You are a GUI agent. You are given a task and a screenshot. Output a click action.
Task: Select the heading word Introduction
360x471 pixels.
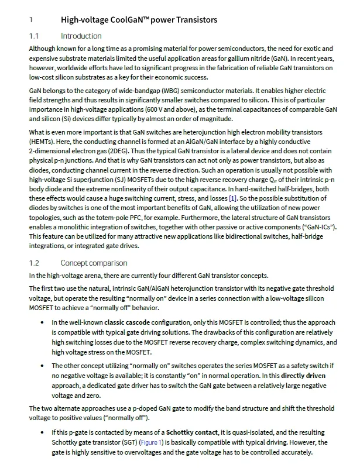[81, 36]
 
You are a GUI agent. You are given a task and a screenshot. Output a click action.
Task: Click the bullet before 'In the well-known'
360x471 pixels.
[42, 323]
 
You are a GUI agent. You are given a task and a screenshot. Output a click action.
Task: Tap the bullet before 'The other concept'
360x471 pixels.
[42, 365]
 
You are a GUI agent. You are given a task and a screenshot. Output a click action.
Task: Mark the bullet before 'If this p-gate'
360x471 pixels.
[42, 432]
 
